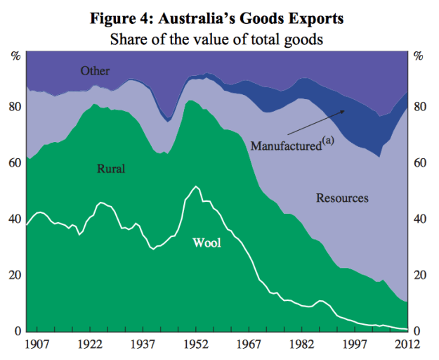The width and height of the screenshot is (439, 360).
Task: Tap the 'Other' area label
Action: coord(95,70)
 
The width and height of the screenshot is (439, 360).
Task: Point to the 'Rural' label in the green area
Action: coord(110,169)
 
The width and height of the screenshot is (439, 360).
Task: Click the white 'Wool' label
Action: coord(207,243)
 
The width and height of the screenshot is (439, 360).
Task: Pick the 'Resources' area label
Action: coord(342,198)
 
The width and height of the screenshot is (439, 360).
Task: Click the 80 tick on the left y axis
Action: coord(14,107)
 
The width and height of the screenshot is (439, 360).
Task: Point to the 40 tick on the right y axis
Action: coord(421,219)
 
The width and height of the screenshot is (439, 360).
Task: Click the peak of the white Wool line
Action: coord(195,186)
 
